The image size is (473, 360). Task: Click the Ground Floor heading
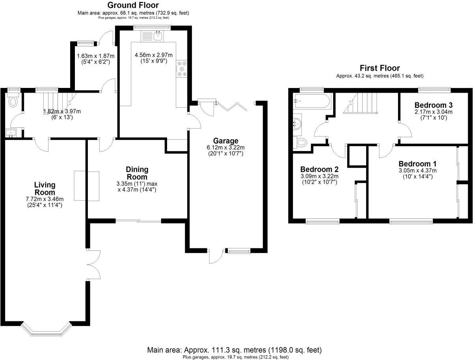pos(133,5)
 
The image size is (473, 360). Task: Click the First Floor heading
pos(380,68)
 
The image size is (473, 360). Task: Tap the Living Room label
pos(45,188)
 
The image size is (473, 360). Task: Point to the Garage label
pos(226,141)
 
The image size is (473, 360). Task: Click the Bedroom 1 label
pos(417,164)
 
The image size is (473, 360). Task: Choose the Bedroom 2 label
pos(320,170)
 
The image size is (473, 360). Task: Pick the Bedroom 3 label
pos(433,105)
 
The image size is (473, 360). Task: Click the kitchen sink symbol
pos(158,36)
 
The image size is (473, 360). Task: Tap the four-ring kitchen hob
pos(182,69)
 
